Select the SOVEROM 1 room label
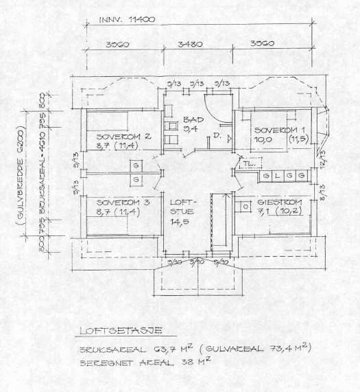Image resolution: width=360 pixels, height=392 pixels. click(276, 130)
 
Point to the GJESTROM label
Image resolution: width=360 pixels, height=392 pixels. click(278, 203)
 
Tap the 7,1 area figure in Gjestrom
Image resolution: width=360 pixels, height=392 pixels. click(263, 213)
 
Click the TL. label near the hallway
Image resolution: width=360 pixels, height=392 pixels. click(247, 165)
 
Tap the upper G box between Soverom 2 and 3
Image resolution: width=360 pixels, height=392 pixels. click(136, 166)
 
